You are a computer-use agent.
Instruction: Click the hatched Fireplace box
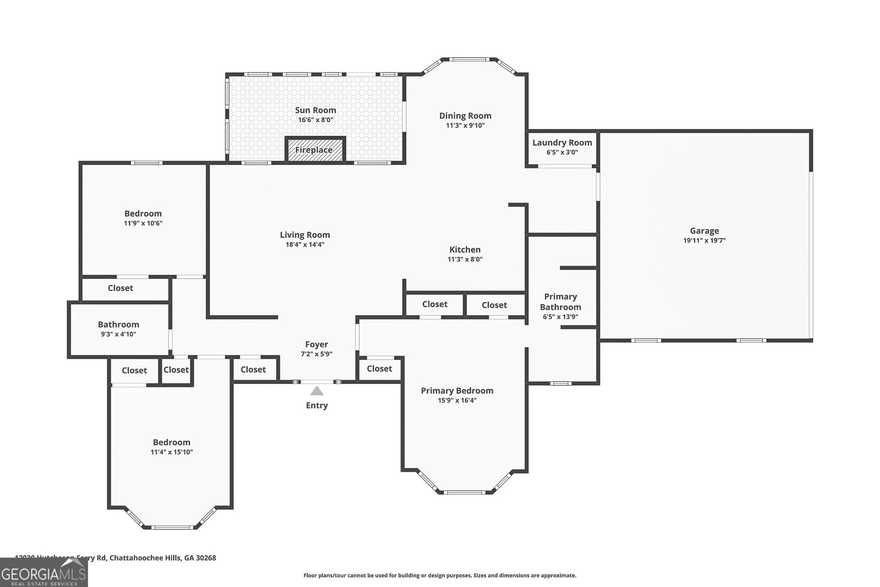click(314, 150)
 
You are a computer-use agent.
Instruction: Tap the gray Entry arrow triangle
click(317, 391)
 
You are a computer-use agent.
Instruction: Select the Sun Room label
click(315, 110)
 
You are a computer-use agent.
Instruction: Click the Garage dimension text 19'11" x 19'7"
click(704, 240)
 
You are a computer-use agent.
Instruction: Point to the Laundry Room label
click(562, 142)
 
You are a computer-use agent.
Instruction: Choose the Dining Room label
click(465, 116)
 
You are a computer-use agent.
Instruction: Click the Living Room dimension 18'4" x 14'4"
click(305, 244)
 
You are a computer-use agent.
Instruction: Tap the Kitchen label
click(465, 250)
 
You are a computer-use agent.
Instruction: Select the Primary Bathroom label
click(560, 301)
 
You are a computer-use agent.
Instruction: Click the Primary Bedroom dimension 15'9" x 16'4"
click(457, 401)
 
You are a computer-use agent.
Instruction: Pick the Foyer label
click(316, 344)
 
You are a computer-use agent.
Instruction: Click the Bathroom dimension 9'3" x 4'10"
click(118, 334)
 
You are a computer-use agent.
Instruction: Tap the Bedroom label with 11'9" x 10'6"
click(143, 213)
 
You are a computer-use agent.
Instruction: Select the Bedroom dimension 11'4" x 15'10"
click(172, 452)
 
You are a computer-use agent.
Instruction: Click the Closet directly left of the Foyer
click(253, 370)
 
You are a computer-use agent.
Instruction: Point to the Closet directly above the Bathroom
click(120, 288)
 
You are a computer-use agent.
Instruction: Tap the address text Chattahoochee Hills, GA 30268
click(162, 558)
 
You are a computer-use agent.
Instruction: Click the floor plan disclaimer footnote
click(439, 575)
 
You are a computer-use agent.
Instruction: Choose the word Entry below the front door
click(317, 405)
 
